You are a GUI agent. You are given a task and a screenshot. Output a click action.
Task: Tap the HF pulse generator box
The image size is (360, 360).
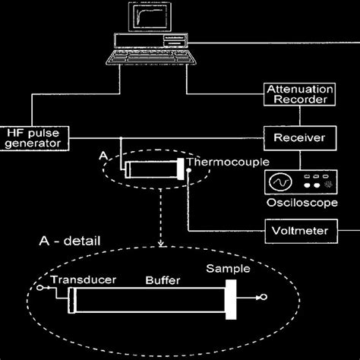tap(34, 137)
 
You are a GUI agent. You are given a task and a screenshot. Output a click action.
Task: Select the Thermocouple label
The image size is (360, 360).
tap(218, 163)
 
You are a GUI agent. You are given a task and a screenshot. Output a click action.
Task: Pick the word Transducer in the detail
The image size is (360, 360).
tap(84, 280)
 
